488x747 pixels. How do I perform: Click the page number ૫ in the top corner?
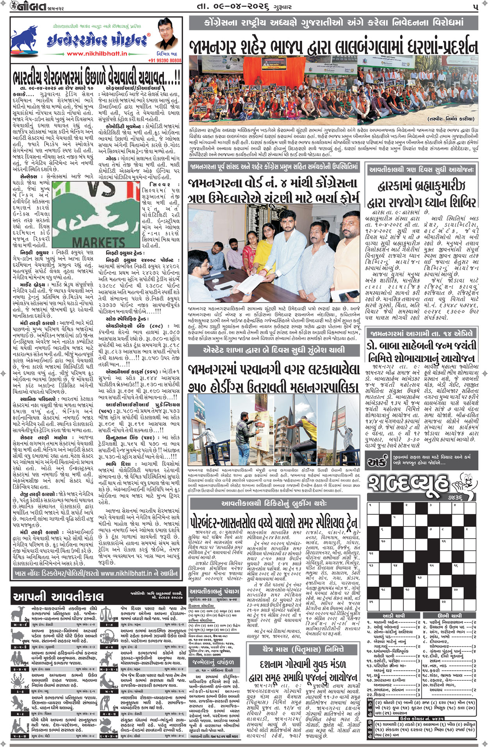point(475,7)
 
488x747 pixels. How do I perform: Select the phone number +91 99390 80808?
point(165,60)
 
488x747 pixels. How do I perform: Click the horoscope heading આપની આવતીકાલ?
point(58,596)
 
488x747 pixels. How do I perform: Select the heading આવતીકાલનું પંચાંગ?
point(214,591)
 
